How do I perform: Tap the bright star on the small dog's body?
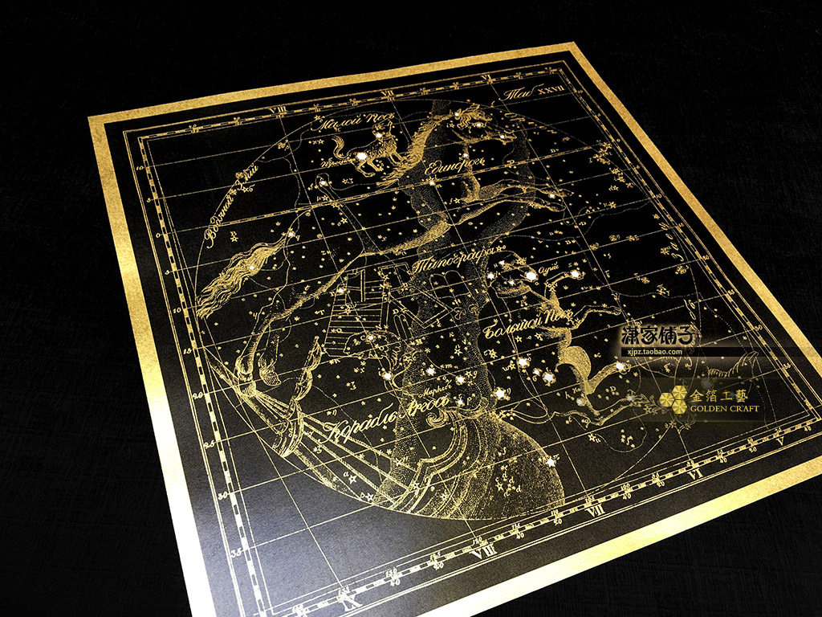[362, 155]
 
